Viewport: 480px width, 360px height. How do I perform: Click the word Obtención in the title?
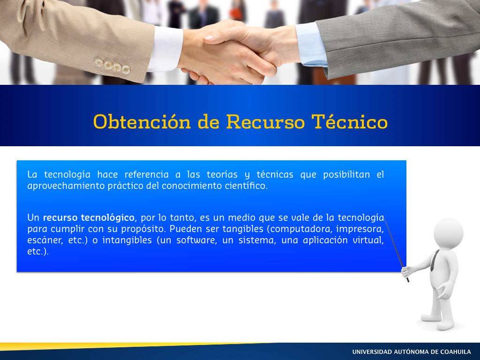(142, 121)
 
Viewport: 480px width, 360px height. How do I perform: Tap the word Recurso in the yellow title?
(265, 121)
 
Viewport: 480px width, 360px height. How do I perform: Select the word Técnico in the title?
(350, 121)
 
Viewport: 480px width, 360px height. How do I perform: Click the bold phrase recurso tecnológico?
(89, 217)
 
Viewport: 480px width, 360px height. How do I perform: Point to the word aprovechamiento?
(66, 186)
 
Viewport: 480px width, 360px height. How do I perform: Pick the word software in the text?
(196, 240)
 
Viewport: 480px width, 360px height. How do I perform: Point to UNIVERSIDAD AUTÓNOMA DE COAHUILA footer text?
(412, 352)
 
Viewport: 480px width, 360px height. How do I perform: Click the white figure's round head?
(448, 233)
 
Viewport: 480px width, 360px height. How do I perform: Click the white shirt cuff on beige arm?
(165, 49)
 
